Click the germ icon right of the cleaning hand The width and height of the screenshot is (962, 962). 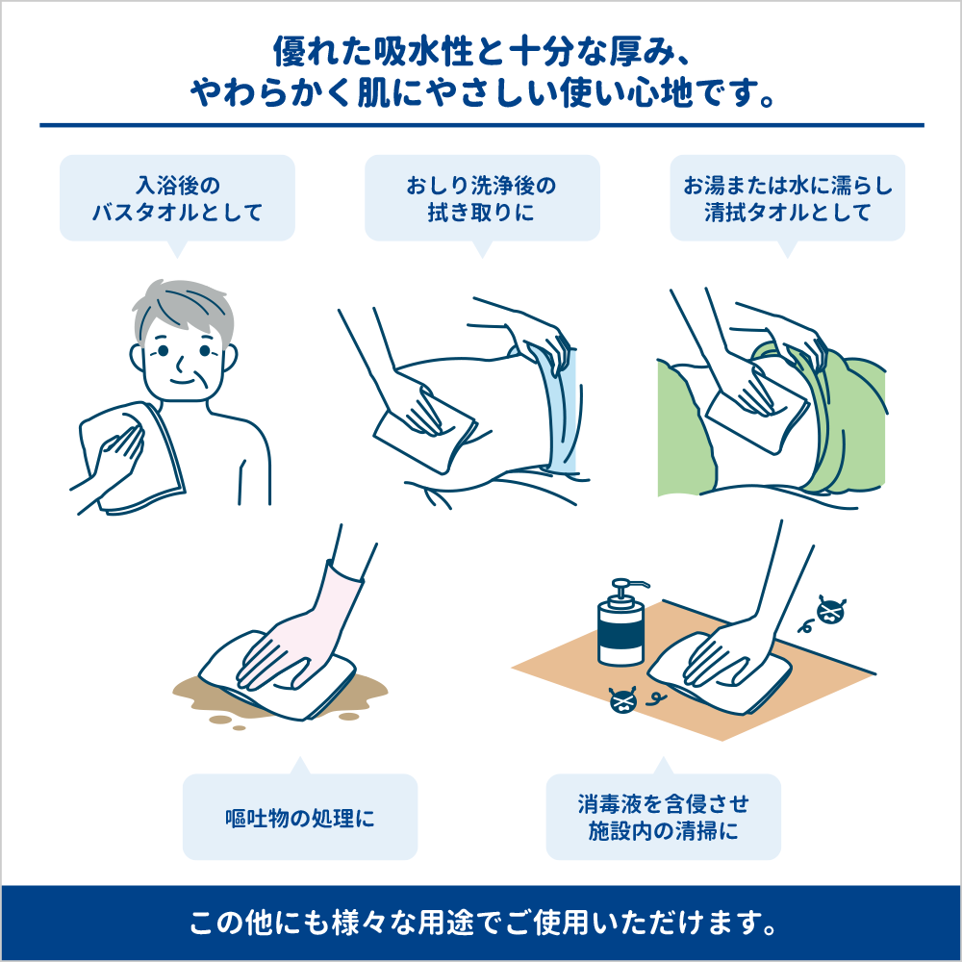pos(830,611)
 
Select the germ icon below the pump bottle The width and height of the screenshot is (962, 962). pos(623,700)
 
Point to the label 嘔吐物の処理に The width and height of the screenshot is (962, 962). pos(300,818)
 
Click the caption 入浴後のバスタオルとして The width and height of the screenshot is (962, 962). pos(177,199)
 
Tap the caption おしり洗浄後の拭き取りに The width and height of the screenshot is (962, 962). pos(482,199)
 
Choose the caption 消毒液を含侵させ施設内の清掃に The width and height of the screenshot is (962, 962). pos(663,817)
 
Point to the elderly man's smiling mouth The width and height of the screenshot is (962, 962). pos(184,382)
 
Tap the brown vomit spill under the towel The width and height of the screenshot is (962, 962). pos(279,699)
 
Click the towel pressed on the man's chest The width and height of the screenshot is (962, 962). pos(132,457)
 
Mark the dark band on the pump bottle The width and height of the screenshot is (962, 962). pos(620,638)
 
